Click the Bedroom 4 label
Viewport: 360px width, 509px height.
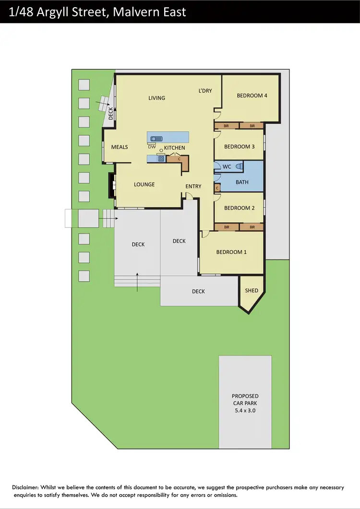pyautogui.click(x=252, y=95)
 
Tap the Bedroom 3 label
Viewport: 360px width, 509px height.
pyautogui.click(x=239, y=147)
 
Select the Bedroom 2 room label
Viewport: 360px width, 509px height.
pyautogui.click(x=239, y=208)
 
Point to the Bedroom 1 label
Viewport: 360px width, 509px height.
pyautogui.click(x=231, y=252)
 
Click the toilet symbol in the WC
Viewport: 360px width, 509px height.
pyautogui.click(x=240, y=166)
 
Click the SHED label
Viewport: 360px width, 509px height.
pyautogui.click(x=252, y=291)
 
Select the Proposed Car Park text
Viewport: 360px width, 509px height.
pyautogui.click(x=245, y=403)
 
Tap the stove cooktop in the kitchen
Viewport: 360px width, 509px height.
pyautogui.click(x=161, y=158)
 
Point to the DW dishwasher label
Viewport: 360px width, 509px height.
pyautogui.click(x=152, y=147)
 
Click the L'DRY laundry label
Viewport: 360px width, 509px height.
pyautogui.click(x=205, y=91)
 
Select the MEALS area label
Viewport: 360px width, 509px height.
pyautogui.click(x=120, y=147)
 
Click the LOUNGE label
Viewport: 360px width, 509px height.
pyautogui.click(x=144, y=185)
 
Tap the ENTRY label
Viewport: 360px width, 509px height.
pyautogui.click(x=193, y=186)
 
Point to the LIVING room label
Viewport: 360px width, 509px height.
pyautogui.click(x=156, y=98)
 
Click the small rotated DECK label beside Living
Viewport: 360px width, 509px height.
pyautogui.click(x=111, y=113)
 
